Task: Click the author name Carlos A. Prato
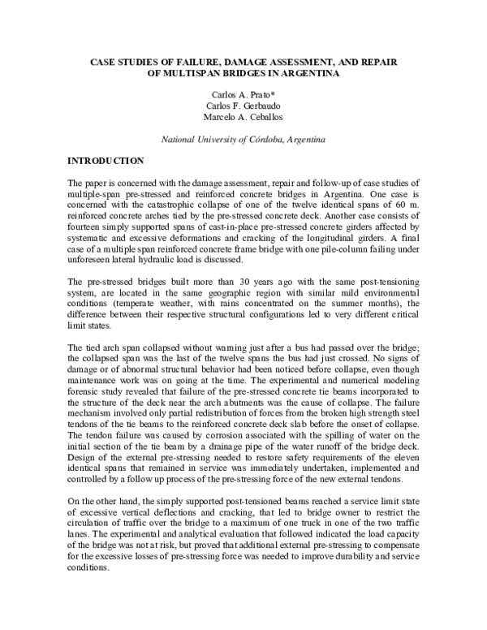(243, 94)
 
